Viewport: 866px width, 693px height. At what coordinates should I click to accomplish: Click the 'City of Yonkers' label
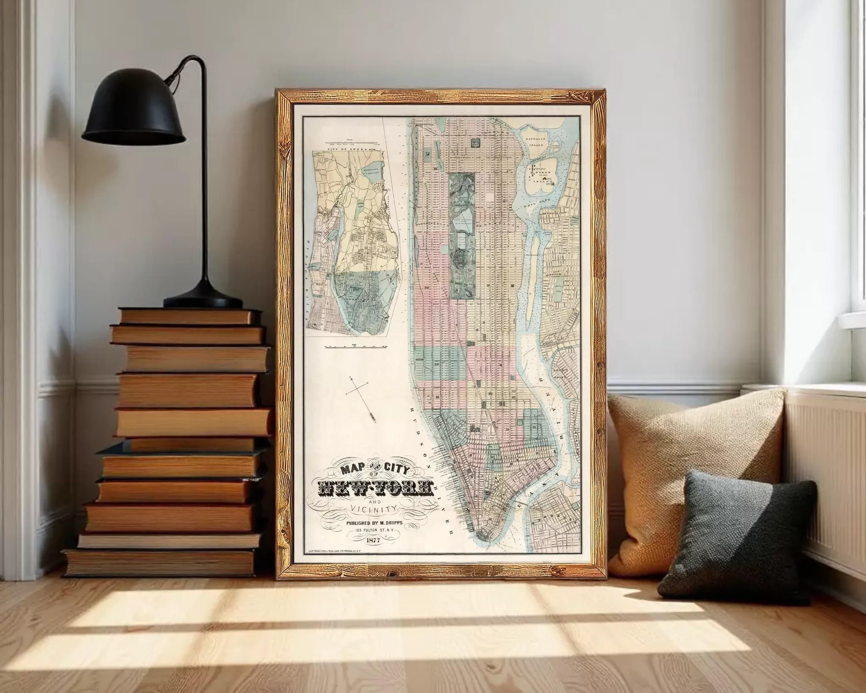tap(351, 149)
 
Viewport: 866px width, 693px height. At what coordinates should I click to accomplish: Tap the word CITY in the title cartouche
tap(396, 470)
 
